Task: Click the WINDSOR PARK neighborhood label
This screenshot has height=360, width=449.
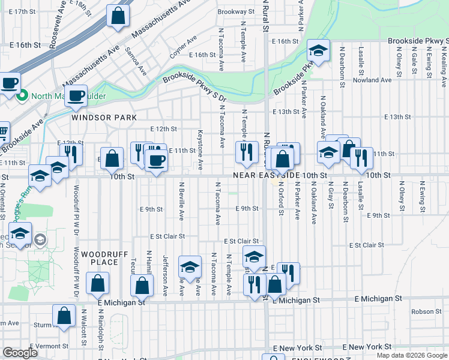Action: coord(96,118)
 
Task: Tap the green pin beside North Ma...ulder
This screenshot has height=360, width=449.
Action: coord(22,95)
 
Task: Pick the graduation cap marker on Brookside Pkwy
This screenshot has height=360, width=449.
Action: coord(318,51)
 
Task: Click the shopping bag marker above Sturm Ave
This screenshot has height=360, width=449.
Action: coord(64,316)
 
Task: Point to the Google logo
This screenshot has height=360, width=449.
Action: coord(20,353)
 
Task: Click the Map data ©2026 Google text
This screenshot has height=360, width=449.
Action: coord(411,355)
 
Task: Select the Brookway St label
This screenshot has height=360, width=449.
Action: coord(232,11)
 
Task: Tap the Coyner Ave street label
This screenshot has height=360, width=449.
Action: coord(183,47)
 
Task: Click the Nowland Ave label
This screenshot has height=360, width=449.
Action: coord(372,80)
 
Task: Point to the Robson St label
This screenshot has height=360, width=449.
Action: coord(426,311)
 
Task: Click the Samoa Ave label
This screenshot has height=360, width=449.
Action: coord(136,62)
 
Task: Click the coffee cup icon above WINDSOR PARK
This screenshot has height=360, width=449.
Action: coord(76,96)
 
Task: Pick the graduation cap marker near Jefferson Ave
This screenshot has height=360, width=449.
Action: coord(190,266)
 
